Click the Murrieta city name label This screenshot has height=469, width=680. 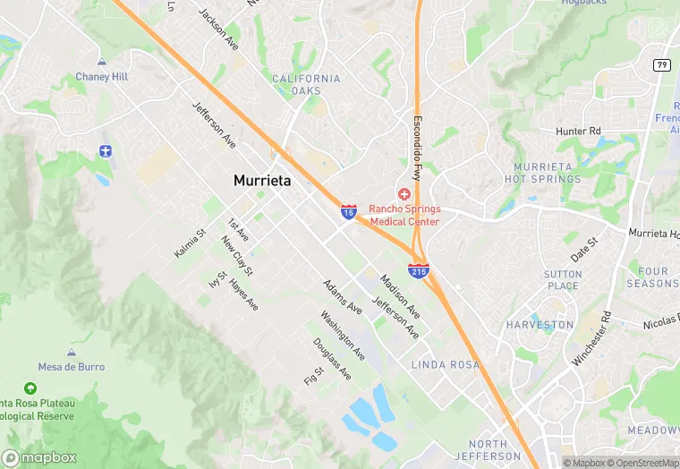click(x=262, y=180)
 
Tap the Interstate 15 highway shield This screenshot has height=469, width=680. click(x=348, y=211)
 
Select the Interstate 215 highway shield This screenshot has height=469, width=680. click(x=418, y=268)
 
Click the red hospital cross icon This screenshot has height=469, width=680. click(x=404, y=193)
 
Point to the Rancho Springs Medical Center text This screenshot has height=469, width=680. click(x=404, y=215)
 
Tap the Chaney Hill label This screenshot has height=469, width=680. click(x=101, y=77)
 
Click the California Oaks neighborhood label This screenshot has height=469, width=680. click(x=306, y=84)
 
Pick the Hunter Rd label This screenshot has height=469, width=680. click(x=578, y=132)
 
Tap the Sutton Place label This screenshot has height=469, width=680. click(x=563, y=280)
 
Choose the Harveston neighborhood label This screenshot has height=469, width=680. click(x=540, y=325)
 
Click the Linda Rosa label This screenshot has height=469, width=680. click(x=445, y=365)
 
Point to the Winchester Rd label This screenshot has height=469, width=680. click(x=592, y=337)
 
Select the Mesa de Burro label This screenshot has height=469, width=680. click(x=71, y=367)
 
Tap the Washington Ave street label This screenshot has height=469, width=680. click(x=343, y=336)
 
